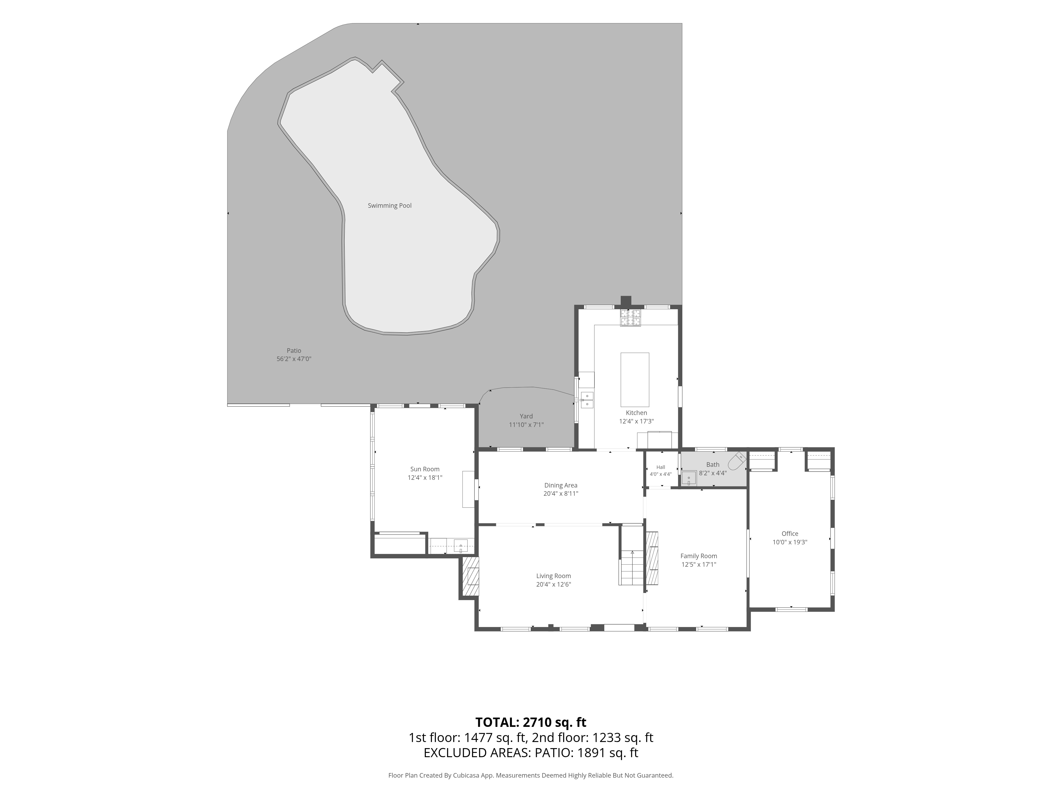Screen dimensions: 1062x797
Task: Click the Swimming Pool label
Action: [x=389, y=206]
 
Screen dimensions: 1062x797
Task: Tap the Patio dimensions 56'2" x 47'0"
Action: [x=294, y=359]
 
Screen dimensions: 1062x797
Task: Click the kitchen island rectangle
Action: [x=635, y=380]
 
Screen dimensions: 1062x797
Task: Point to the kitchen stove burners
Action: [x=630, y=318]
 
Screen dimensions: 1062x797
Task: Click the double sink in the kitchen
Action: [x=587, y=400]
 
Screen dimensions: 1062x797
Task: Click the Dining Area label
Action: [x=561, y=485]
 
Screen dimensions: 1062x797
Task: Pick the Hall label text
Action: [x=661, y=467]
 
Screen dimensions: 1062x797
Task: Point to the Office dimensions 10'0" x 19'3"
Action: [x=790, y=542]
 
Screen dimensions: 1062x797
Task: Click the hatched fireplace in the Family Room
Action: [x=652, y=558]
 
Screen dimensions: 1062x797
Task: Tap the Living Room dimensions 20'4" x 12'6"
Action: [x=554, y=584]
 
